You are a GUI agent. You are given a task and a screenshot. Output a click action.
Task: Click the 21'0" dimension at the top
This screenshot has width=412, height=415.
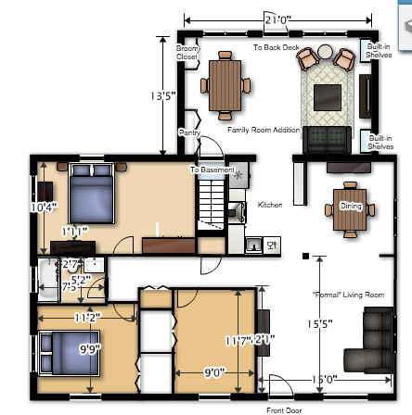click(277, 19)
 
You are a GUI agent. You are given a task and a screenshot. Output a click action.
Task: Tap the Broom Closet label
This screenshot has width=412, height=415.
click(187, 52)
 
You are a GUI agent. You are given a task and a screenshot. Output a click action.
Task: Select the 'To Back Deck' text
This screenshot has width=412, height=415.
click(276, 47)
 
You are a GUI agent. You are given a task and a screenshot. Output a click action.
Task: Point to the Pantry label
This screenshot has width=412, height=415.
click(190, 133)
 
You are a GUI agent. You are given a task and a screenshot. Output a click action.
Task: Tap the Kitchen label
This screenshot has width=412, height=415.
click(270, 205)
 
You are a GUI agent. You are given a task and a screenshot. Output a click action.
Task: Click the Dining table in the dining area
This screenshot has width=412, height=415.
click(350, 207)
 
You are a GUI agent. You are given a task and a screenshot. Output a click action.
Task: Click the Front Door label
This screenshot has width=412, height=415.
click(283, 409)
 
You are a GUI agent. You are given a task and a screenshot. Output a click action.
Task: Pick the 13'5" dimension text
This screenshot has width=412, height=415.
click(162, 95)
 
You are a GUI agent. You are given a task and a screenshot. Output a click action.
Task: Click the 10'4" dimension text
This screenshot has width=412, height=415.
click(44, 207)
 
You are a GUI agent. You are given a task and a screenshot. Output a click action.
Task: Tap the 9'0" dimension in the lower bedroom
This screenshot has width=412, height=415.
click(213, 372)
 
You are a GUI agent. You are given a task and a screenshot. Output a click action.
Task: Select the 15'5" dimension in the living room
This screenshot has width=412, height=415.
click(319, 324)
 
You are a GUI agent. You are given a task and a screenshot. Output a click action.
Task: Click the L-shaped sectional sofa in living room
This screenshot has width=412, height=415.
click(371, 343)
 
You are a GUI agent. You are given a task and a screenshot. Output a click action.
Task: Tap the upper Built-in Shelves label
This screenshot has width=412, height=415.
click(378, 50)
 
